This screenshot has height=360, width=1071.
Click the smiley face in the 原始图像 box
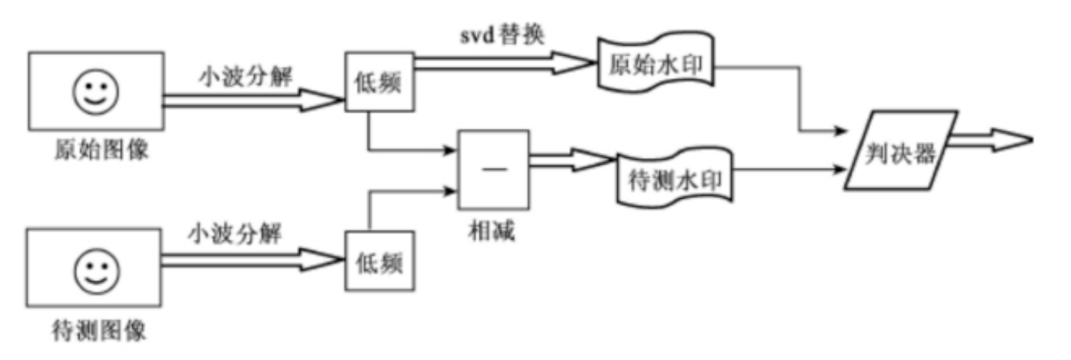(95, 92)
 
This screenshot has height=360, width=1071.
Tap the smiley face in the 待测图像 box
(95, 271)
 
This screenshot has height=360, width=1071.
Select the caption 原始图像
(101, 150)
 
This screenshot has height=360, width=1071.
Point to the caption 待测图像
(99, 331)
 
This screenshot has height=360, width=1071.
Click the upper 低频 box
(379, 82)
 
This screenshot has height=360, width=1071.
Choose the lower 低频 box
(379, 262)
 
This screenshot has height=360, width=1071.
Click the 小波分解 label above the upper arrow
(245, 77)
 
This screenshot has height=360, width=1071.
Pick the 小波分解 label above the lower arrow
(235, 234)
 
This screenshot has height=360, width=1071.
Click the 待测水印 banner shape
(675, 179)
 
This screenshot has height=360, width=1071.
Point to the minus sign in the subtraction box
(494, 170)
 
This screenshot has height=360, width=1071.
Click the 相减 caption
(492, 230)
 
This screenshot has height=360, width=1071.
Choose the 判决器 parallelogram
(901, 152)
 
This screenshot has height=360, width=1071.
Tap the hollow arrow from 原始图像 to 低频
(252, 100)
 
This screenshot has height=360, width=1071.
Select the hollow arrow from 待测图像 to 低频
(252, 260)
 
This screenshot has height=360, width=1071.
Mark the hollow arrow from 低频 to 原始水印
(503, 63)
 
